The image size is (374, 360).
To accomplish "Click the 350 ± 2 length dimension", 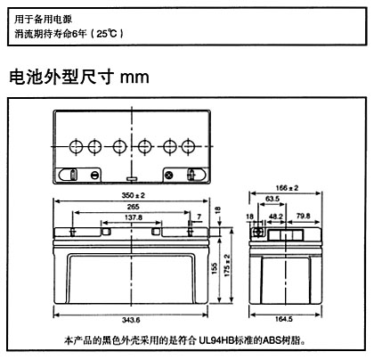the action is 134,195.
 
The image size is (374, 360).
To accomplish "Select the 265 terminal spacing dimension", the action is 133,207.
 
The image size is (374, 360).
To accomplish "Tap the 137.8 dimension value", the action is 134,217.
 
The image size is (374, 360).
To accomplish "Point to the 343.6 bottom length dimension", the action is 131,320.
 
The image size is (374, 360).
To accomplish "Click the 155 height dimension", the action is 215,268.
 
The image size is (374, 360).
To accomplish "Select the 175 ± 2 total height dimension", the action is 227,266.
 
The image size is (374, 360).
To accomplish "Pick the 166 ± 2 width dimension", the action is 287,188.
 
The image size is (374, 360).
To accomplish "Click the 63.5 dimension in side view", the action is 272,199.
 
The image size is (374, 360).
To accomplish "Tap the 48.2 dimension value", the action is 276,217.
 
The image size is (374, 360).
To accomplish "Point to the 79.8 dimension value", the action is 303,216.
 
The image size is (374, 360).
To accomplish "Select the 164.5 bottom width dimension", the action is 284,319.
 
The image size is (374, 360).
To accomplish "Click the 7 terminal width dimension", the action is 199,217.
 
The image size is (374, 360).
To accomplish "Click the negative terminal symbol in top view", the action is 94,176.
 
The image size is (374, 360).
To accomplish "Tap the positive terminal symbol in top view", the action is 169,176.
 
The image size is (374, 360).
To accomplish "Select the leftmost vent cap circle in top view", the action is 76,146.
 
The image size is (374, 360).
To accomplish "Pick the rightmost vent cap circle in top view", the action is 188,146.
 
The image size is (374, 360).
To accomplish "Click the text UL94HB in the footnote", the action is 215,340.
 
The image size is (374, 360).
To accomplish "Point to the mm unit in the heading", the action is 134,78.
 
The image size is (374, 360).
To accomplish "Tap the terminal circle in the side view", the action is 258,232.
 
